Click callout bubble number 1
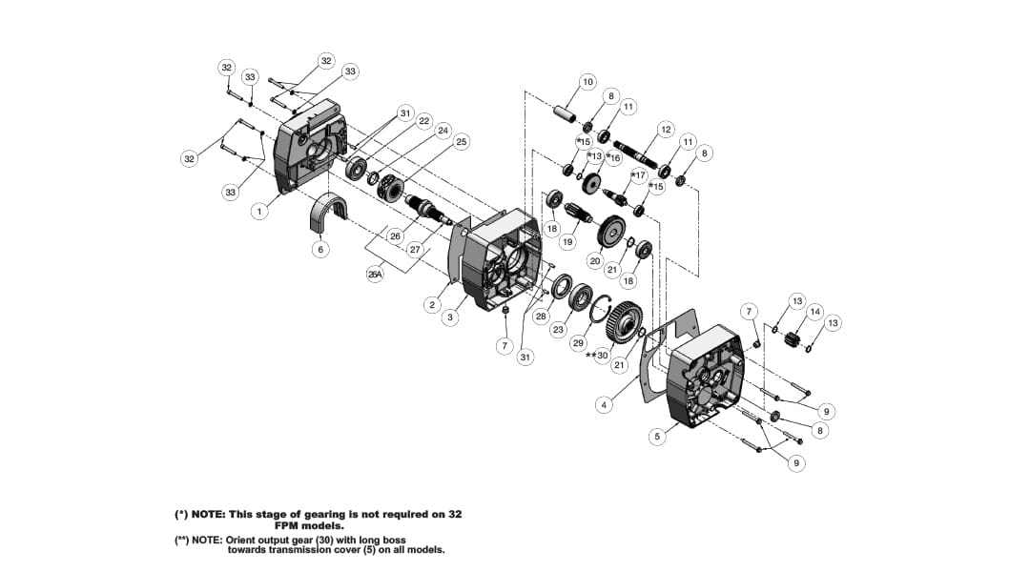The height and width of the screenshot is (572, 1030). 258,212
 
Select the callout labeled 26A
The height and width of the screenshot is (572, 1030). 375,274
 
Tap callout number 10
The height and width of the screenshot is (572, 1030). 587,82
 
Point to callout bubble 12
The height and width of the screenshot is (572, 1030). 666,129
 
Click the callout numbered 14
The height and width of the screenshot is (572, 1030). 814,312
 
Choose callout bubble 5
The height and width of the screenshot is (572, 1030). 656,437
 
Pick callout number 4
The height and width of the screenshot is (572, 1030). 603,405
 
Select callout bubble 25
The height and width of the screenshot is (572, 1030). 462,142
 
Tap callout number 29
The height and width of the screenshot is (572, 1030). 578,341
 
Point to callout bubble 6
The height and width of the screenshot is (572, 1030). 320,249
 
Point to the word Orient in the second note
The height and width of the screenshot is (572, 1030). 241,540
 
